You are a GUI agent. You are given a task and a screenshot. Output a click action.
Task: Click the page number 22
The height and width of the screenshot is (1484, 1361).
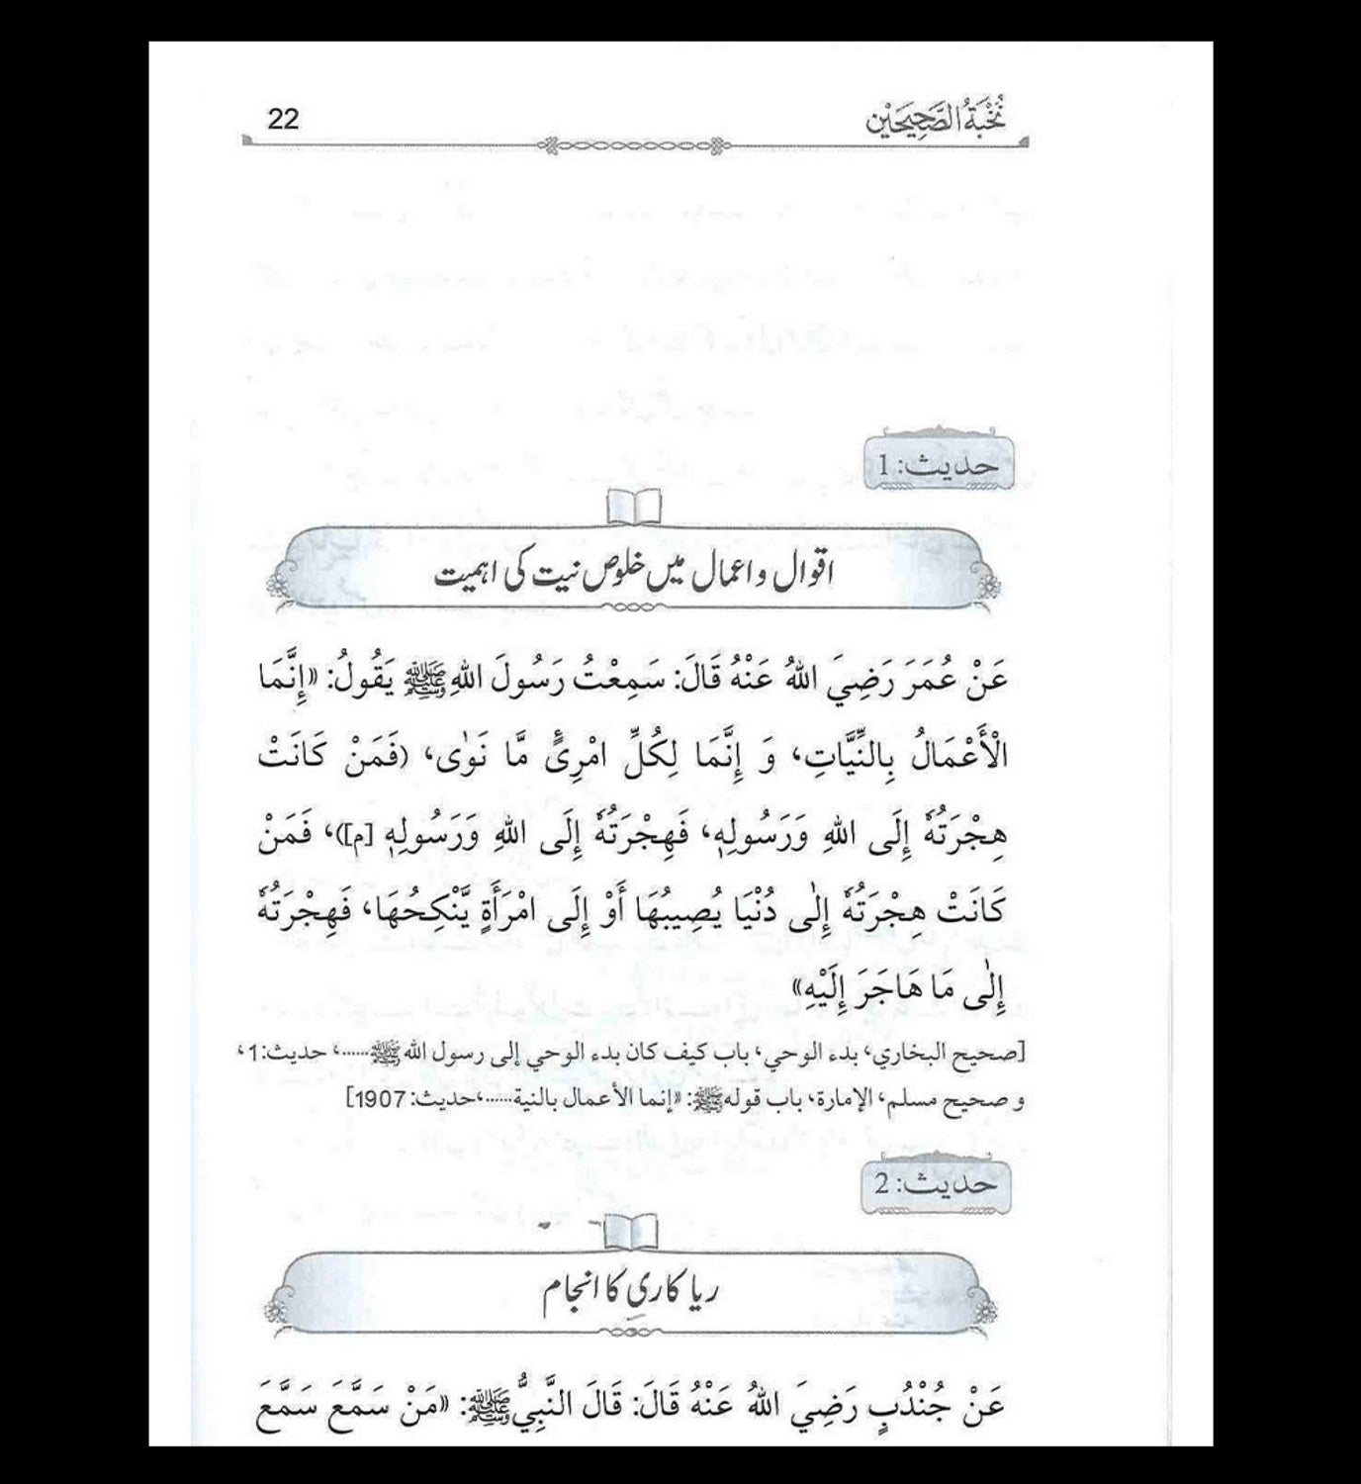tap(283, 120)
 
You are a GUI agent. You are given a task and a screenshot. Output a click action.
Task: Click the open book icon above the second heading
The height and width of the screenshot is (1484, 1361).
tap(634, 1230)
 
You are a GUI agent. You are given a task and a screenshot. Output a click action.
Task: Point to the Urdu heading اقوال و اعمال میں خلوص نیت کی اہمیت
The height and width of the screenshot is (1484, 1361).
tap(633, 575)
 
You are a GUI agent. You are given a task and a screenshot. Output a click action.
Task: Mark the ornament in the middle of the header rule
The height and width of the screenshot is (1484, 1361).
tap(635, 146)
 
